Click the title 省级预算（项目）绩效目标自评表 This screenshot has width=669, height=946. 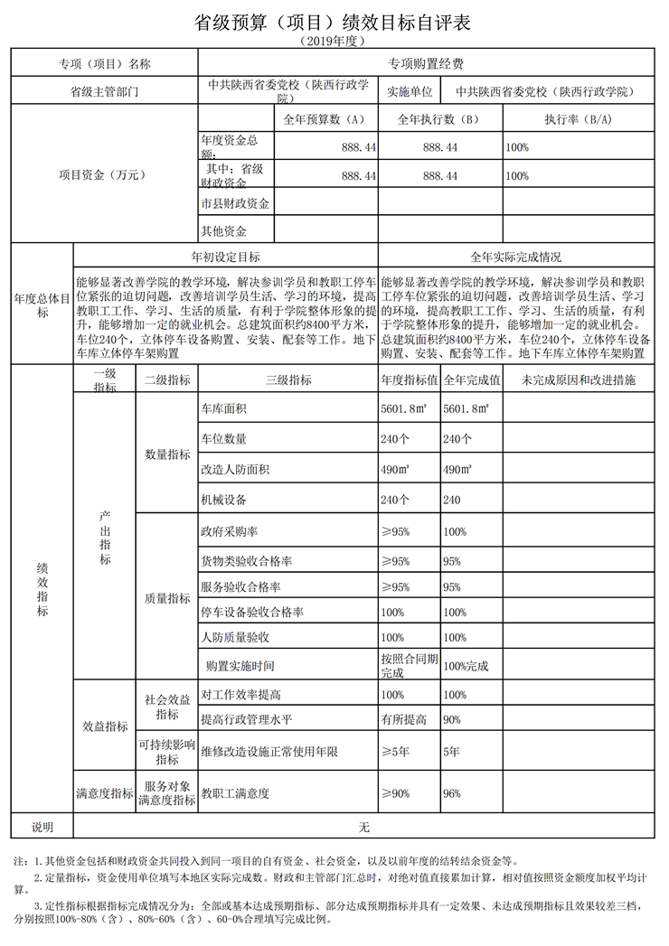[x=334, y=23]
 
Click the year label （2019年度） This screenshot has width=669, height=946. [x=334, y=42]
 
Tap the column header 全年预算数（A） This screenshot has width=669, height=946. [x=323, y=119]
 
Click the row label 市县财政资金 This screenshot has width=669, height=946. [x=235, y=204]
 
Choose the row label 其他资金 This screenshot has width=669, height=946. [x=223, y=230]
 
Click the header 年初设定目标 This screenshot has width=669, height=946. [x=225, y=256]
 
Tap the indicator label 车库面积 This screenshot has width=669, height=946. [x=223, y=409]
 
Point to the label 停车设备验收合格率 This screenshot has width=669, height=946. [x=252, y=613]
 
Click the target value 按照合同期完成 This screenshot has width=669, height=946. [x=409, y=666]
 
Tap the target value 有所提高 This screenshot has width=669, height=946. [x=403, y=719]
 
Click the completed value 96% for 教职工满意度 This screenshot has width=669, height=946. [x=452, y=793]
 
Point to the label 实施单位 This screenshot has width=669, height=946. [x=410, y=92]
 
